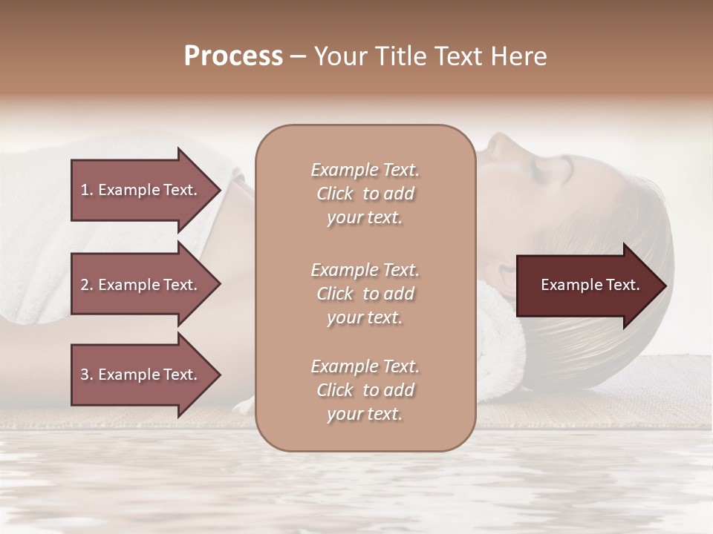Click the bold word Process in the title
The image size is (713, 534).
tap(233, 56)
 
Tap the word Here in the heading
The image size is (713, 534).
tap(518, 56)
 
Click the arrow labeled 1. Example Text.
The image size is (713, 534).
tap(141, 190)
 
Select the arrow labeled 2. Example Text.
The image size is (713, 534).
tap(141, 285)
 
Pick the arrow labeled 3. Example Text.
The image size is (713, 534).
tap(141, 375)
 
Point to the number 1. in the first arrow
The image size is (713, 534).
tap(87, 190)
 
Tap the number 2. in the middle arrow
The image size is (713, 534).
tap(87, 285)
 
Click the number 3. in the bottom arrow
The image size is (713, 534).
tap(87, 375)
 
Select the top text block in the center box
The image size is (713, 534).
tap(365, 194)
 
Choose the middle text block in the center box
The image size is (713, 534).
tap(365, 294)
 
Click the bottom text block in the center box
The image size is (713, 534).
tap(365, 390)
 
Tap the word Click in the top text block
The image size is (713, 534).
tap(335, 194)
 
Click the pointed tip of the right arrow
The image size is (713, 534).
tap(665, 286)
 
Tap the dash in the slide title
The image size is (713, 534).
tap(299, 56)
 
